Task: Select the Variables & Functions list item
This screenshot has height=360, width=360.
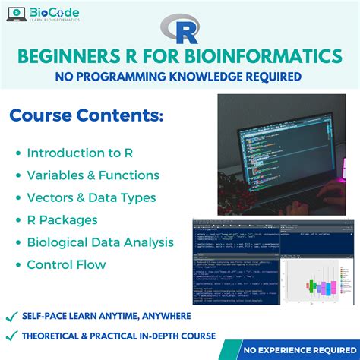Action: [x=93, y=175]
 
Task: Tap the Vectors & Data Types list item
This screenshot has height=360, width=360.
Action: [x=91, y=197]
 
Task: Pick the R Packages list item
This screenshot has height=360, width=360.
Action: [x=62, y=220]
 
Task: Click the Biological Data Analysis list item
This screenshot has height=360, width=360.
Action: [x=100, y=242]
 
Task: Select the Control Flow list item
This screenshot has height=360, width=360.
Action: [x=66, y=265]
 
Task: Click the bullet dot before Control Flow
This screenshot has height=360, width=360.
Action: [x=17, y=265]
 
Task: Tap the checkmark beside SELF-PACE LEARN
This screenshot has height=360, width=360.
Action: [x=11, y=315]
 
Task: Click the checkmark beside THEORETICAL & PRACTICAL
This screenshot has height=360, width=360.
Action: [x=11, y=335]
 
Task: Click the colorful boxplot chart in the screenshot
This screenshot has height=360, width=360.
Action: [x=315, y=285]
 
